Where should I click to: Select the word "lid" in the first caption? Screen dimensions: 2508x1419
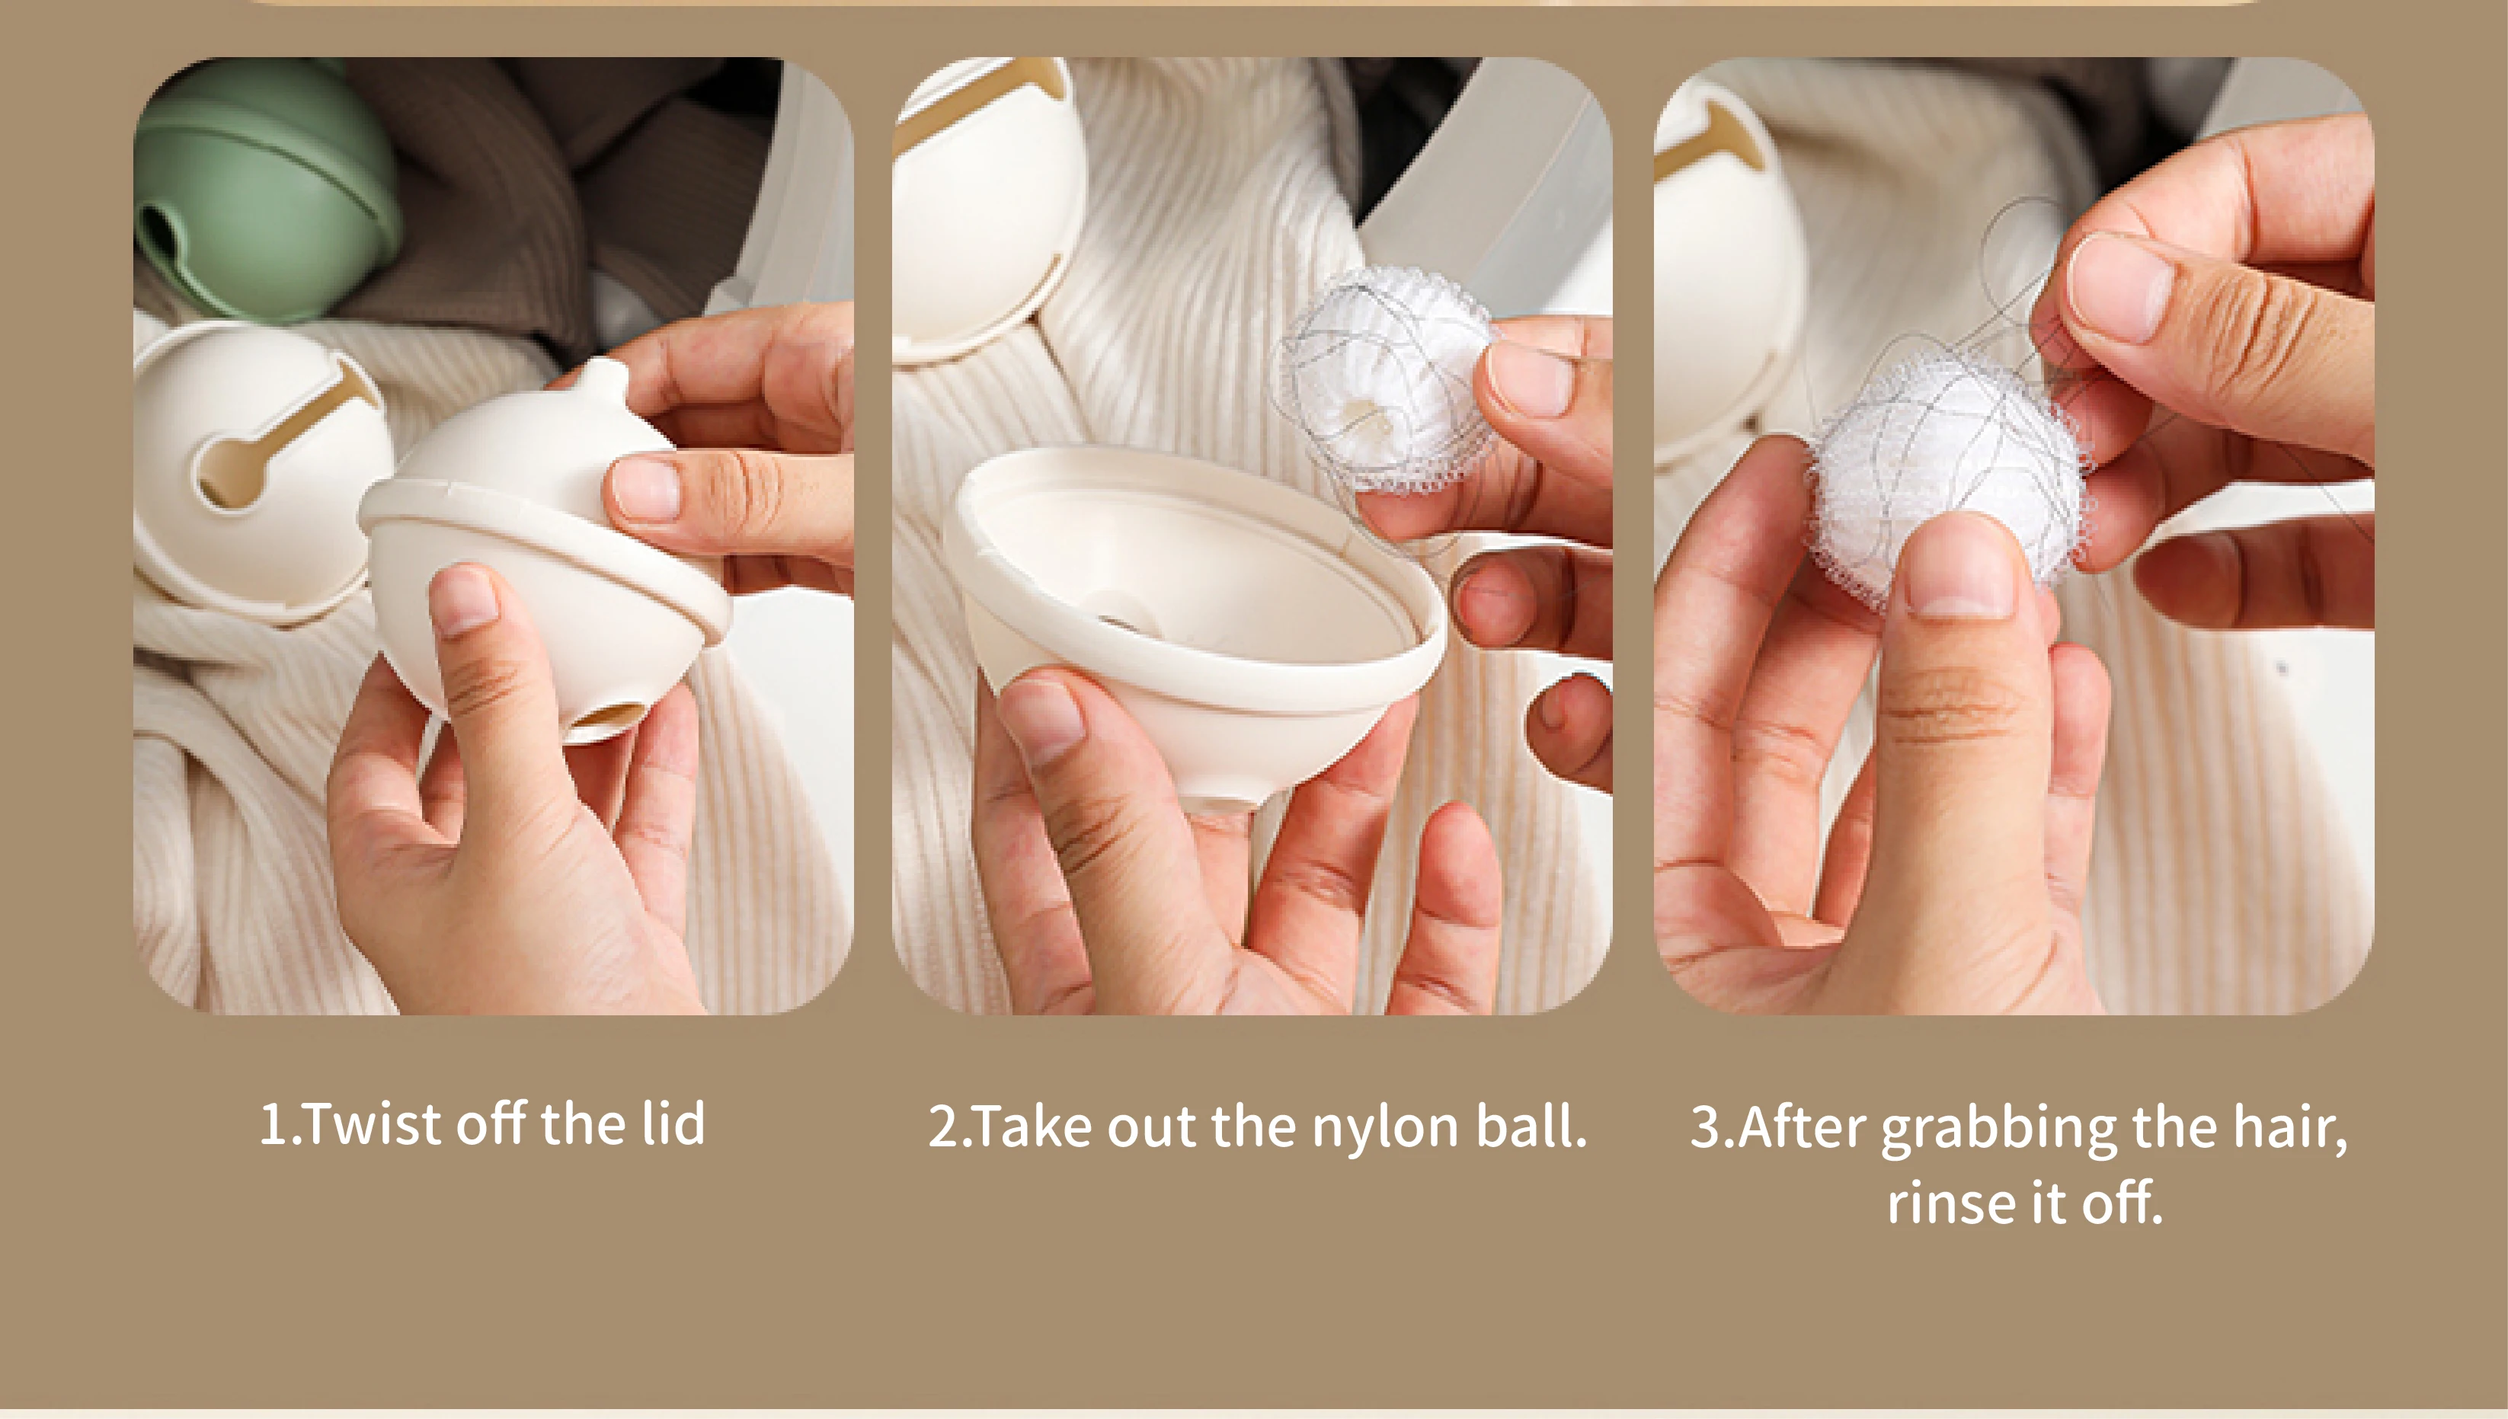[x=673, y=1123]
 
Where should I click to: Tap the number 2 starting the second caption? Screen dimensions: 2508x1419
[x=943, y=1127]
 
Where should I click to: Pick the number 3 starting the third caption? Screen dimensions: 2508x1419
[x=1706, y=1127]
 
